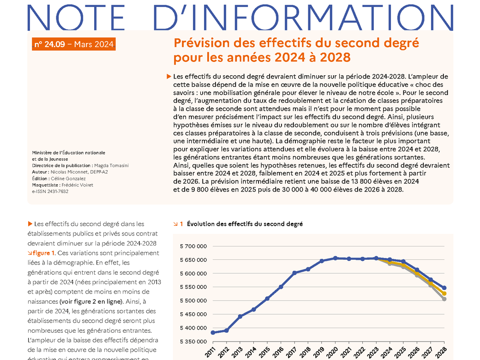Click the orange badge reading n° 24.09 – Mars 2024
74,44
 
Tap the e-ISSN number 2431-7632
58,192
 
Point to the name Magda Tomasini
111,166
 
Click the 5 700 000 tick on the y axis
193,246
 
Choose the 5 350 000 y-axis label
193,342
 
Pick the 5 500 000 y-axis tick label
193,300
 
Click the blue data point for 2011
213,332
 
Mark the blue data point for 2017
294,273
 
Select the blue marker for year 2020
335,258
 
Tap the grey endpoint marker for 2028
444,299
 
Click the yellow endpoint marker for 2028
444,294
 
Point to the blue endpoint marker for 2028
444,288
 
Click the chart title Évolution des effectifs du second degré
245,224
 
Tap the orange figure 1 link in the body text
41,253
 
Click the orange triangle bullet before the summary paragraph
168,77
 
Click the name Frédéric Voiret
77,185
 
